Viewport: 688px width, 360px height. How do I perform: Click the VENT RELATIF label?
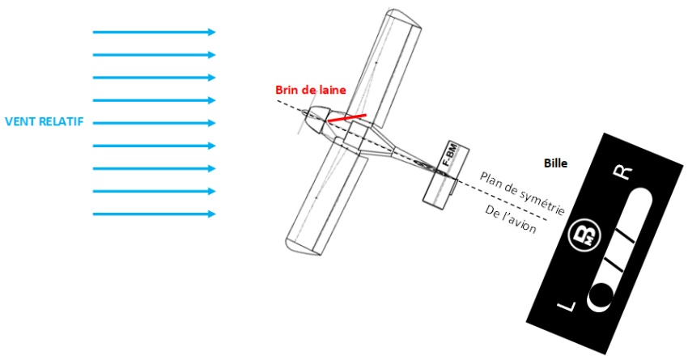pyautogui.click(x=44, y=121)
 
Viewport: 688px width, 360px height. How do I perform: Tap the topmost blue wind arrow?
pyautogui.click(x=154, y=32)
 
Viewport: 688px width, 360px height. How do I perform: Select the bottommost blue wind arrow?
pyautogui.click(x=154, y=214)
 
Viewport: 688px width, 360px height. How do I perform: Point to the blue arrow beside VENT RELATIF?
pyautogui.click(x=154, y=123)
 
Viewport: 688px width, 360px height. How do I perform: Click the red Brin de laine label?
pyautogui.click(x=311, y=90)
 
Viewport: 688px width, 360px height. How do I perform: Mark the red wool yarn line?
pyautogui.click(x=347, y=118)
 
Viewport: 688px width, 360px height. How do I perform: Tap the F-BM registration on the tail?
pyautogui.click(x=451, y=155)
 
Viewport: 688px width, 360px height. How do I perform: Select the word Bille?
pyautogui.click(x=555, y=163)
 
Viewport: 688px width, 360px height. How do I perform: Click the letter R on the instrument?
pyautogui.click(x=622, y=173)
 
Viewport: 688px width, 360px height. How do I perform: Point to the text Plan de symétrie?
pyautogui.click(x=522, y=193)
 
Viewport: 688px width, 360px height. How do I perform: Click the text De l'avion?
pyautogui.click(x=510, y=219)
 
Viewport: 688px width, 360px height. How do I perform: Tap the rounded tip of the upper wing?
pyautogui.click(x=404, y=17)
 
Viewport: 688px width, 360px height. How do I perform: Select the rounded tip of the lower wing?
pyautogui.click(x=304, y=247)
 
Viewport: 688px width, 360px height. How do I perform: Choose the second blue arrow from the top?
pyautogui.click(x=154, y=55)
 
